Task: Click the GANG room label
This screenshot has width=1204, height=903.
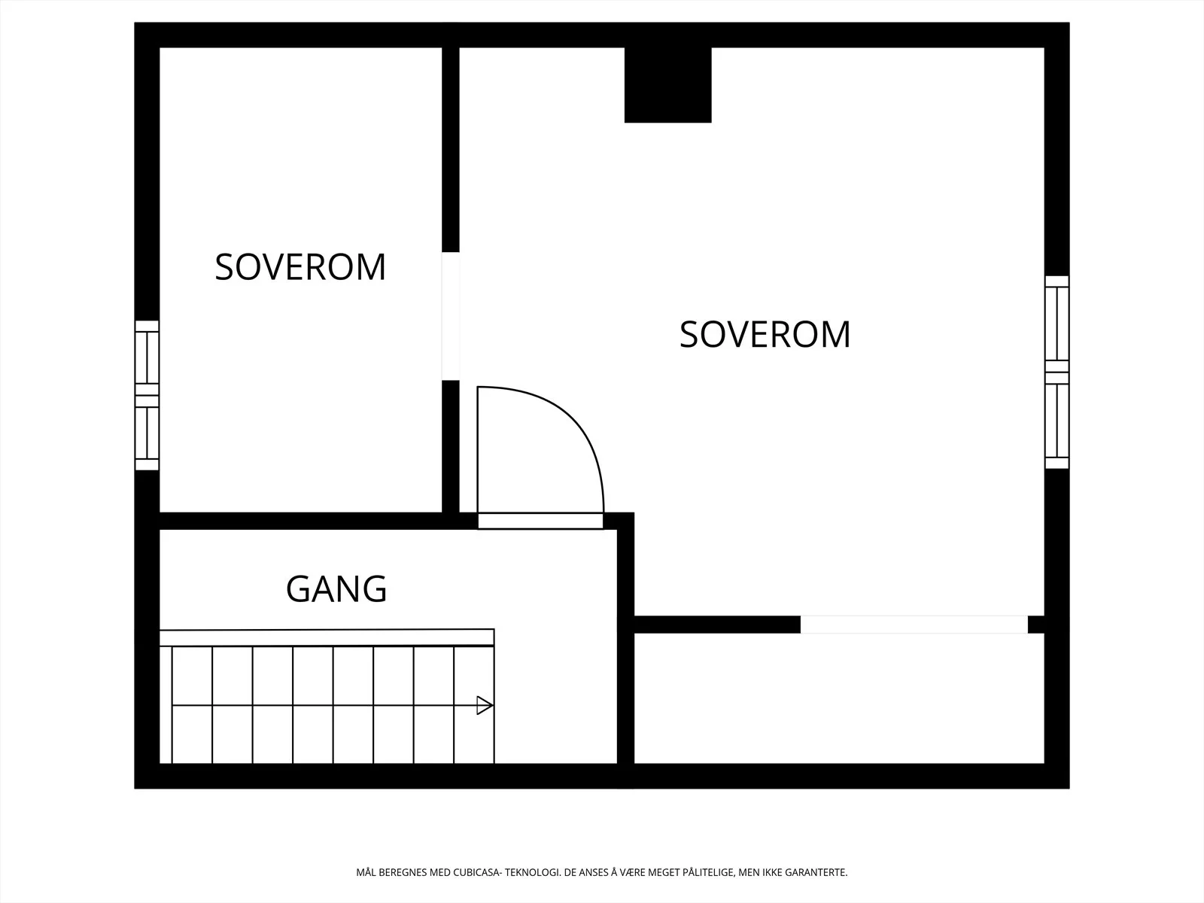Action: pos(336,589)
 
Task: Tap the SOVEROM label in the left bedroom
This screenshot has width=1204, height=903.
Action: pos(300,268)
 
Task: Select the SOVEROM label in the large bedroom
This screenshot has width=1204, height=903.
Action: pos(765,334)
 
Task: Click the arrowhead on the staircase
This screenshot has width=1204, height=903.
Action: pos(485,705)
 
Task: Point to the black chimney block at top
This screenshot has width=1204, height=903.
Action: pos(667,85)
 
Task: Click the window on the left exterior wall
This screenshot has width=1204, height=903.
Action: pos(147,395)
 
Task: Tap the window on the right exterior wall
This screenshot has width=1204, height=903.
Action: pos(1057,372)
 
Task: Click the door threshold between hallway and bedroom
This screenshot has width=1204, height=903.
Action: pos(540,521)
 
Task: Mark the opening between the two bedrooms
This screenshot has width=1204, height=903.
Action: pos(450,316)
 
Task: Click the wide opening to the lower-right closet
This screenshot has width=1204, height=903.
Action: pos(914,625)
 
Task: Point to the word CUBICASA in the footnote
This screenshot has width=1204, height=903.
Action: pos(476,872)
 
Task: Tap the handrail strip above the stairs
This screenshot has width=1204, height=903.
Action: pos(327,637)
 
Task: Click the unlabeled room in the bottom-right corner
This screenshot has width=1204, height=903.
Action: pos(839,698)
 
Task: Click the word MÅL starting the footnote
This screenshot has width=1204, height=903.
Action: pos(366,872)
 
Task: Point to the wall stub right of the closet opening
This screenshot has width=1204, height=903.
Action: pos(1035,625)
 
